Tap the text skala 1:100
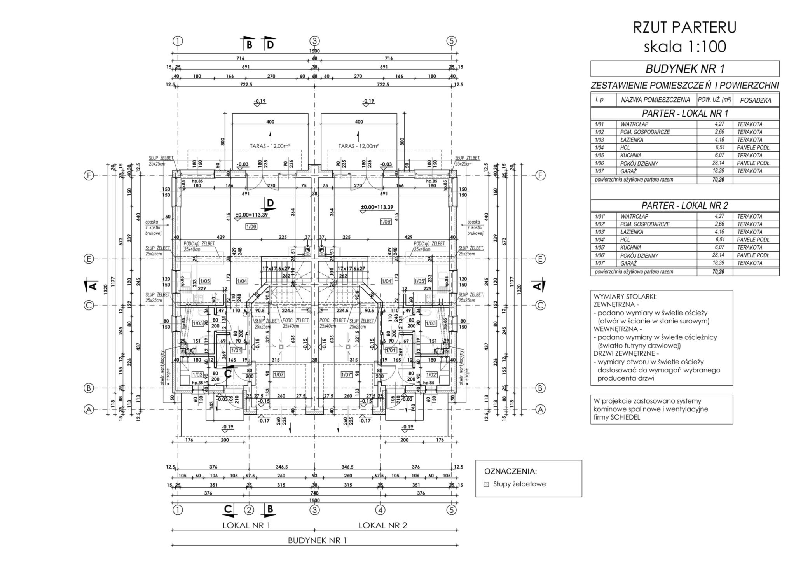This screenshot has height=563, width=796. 684,46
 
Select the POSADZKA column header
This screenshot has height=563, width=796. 756,100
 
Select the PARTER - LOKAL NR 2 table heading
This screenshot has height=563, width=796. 684,205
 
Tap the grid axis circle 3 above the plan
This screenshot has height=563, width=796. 314,41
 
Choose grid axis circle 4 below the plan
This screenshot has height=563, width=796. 380,509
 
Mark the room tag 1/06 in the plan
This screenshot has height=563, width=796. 251,226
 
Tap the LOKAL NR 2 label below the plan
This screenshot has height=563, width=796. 382,526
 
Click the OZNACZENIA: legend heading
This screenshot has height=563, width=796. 510,471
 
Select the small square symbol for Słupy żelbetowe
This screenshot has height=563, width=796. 486,484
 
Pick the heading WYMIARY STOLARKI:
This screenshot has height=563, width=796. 625,297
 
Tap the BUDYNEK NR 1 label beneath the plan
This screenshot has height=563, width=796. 317,540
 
